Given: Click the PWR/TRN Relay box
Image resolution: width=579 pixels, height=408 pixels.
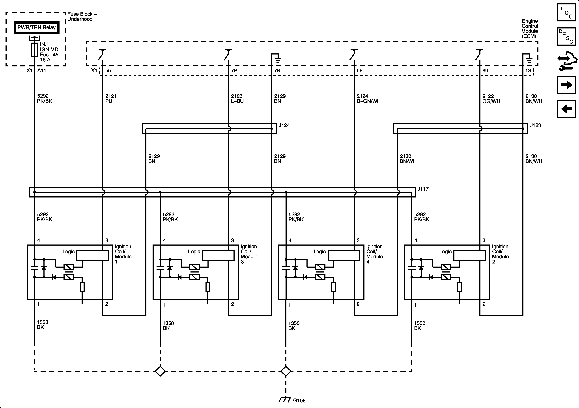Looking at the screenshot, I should [x=37, y=28].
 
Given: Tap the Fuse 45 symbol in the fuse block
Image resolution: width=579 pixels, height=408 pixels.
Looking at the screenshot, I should [x=35, y=49].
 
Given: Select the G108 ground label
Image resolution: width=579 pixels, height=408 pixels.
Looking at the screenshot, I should [x=299, y=400].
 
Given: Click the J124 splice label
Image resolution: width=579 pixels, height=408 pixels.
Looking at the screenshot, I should [x=284, y=125].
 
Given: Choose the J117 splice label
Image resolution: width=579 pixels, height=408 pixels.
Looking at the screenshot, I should [x=423, y=189].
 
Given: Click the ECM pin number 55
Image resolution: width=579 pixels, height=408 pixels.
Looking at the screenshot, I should [x=108, y=71].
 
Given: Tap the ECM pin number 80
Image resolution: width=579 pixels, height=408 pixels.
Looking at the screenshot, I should [x=485, y=71].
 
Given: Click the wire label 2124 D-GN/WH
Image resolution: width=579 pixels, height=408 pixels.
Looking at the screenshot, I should [x=368, y=99].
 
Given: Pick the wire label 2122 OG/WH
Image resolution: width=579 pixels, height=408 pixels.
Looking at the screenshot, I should [x=491, y=99].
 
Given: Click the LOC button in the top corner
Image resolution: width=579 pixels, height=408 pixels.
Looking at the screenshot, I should [x=566, y=13].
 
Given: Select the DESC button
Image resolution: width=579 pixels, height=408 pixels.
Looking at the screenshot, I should [x=566, y=37].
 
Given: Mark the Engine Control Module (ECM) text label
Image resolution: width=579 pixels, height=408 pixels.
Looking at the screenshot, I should [x=530, y=28].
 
